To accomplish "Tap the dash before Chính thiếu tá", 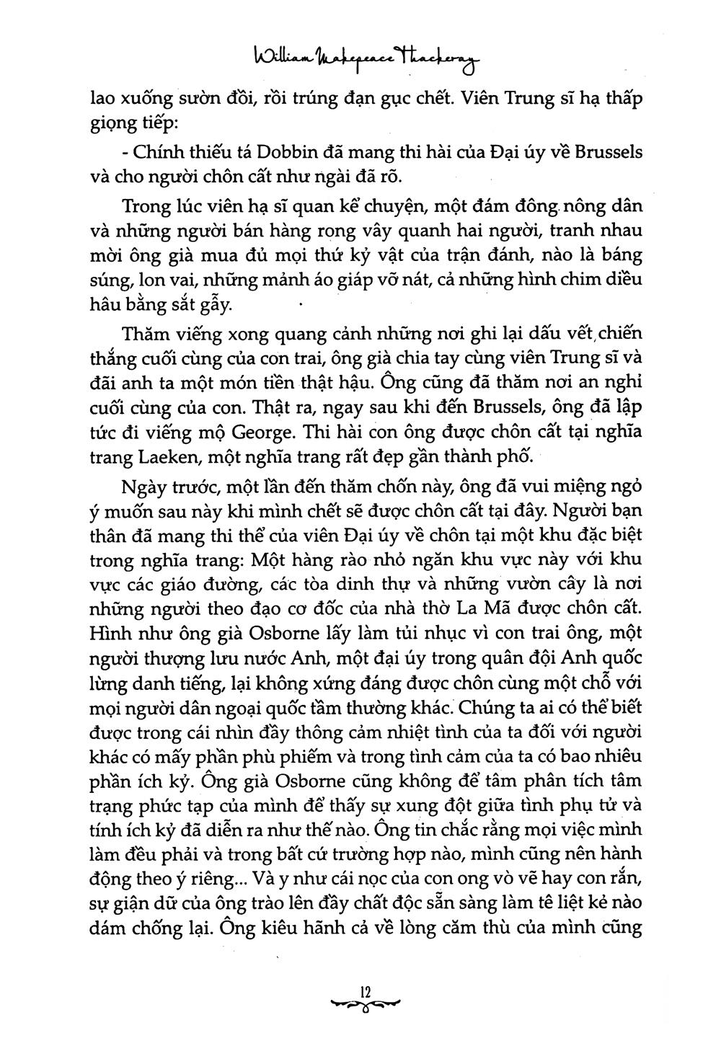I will [127, 154].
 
